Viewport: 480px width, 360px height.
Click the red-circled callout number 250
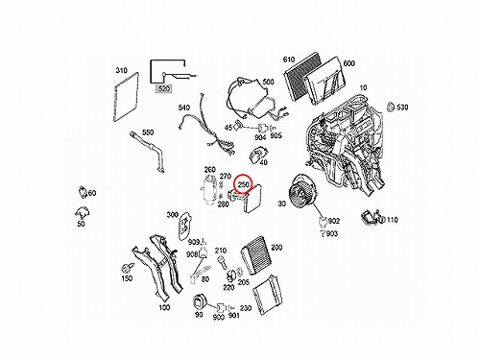244,184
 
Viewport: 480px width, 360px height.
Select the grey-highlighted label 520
163,88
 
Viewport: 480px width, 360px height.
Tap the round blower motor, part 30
302,191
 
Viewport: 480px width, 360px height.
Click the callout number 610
289,60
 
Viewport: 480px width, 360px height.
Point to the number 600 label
348,63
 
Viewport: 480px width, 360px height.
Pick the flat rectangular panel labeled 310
126,97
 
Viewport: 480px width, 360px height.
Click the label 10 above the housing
363,87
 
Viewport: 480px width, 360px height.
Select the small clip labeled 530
391,108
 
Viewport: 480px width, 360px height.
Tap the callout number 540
184,108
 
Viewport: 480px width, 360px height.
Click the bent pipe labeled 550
147,153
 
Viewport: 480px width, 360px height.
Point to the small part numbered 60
83,192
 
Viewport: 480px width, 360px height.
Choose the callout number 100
164,307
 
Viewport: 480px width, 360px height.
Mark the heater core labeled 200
257,255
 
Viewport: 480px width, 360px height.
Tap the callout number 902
334,221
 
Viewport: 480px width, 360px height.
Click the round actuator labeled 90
200,302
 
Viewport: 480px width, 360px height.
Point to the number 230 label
246,308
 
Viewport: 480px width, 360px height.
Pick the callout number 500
268,82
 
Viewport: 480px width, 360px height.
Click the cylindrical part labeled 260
208,191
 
